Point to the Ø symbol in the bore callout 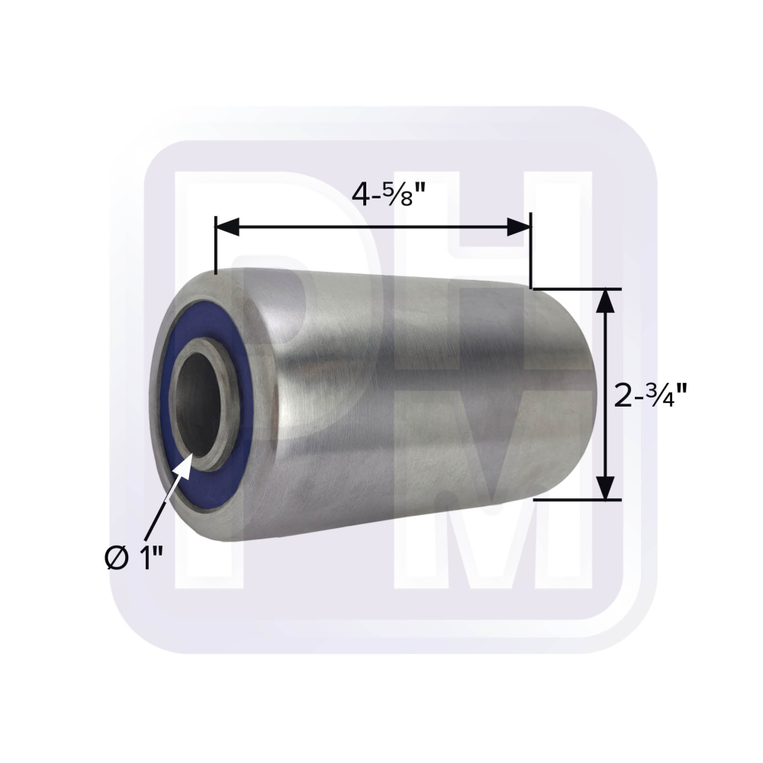[x=114, y=560]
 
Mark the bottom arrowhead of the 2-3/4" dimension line [x=605, y=488]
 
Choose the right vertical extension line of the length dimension [x=530, y=252]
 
